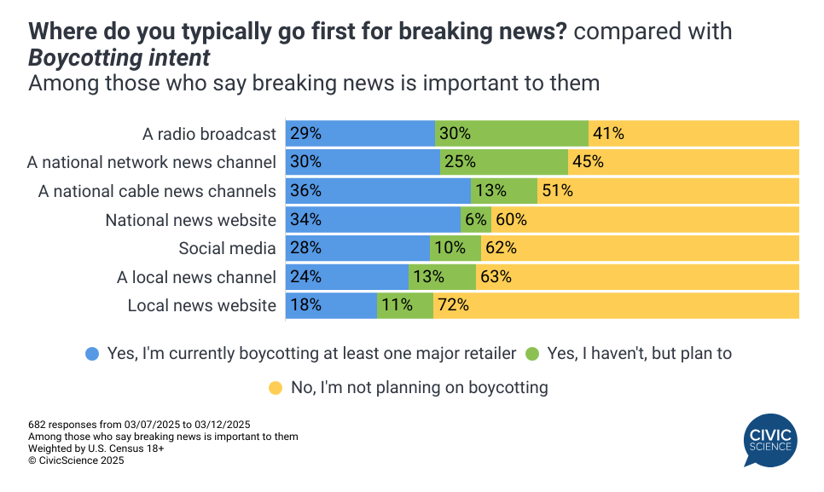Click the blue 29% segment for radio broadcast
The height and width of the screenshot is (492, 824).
tap(360, 133)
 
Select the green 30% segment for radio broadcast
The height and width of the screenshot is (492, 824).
tap(512, 133)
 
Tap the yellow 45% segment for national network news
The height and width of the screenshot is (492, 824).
tap(683, 162)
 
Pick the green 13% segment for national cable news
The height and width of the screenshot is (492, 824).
tap(504, 191)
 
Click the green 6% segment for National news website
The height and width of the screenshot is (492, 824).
tap(475, 219)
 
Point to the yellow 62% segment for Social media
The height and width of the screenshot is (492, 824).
tap(639, 248)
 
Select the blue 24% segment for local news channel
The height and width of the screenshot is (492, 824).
tap(347, 276)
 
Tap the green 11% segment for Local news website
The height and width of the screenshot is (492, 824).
tap(405, 305)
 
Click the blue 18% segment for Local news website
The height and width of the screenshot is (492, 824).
tap(331, 305)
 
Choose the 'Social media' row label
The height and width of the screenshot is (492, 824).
tap(227, 248)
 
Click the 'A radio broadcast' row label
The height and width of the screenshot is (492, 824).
tap(209, 134)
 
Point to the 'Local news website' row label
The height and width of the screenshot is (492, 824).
tap(201, 305)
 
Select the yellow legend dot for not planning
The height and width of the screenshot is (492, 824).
tap(275, 388)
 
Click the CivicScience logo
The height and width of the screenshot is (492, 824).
tap(769, 440)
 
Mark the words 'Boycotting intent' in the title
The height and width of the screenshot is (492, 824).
tap(119, 58)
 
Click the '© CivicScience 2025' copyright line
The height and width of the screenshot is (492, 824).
tap(76, 460)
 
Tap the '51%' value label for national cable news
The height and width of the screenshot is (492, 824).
tap(557, 191)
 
